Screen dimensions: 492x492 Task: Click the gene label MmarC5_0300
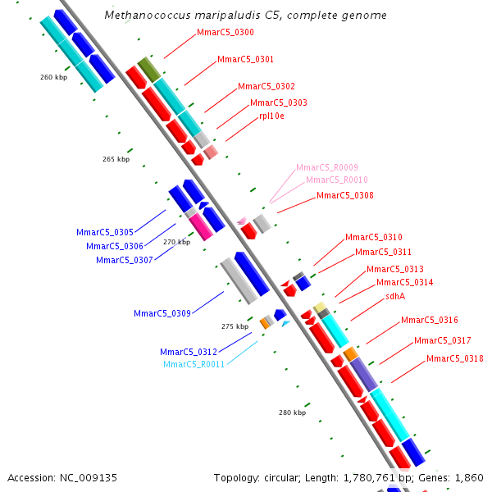tap(225, 33)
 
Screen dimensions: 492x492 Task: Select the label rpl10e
tap(271, 116)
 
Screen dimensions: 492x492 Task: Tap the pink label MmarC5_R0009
tap(326, 167)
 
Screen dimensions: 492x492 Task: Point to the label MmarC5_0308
tap(344, 196)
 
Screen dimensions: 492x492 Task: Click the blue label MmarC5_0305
tap(105, 233)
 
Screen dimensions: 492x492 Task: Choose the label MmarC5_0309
tap(162, 313)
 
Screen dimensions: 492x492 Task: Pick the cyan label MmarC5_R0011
tap(194, 364)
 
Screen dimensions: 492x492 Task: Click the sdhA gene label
tap(395, 297)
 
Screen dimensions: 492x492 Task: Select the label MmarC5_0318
tap(454, 358)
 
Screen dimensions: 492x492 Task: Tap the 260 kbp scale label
tap(53, 78)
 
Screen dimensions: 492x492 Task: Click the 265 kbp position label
tap(116, 159)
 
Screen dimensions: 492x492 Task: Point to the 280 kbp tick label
tap(292, 412)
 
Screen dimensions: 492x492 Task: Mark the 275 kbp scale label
tap(235, 326)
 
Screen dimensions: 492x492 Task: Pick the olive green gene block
tap(148, 69)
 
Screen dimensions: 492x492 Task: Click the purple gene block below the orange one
tap(364, 374)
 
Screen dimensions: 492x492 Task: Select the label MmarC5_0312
tap(189, 352)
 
